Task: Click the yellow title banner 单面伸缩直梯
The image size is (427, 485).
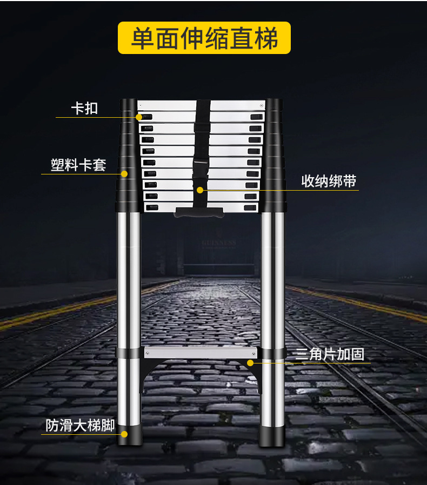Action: coord(204,38)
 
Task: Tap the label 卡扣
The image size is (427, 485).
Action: coord(84,108)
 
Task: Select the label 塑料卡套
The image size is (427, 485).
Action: coord(78,165)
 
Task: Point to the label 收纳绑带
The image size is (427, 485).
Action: coord(329,181)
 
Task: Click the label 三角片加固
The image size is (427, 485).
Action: coord(329,354)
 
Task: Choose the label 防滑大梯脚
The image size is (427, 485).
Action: coord(80,426)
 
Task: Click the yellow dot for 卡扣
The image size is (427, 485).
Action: coord(139,117)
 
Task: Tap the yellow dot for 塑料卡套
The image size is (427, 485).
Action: coord(124,174)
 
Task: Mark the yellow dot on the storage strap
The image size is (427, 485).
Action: coord(200,190)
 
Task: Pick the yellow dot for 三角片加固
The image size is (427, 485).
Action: coord(250,362)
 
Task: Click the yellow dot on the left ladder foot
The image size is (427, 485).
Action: coord(124,433)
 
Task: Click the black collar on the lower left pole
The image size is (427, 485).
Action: coord(128,353)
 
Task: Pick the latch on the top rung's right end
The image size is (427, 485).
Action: coord(256,117)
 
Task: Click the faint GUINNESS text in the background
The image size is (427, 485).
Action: coord(218,243)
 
